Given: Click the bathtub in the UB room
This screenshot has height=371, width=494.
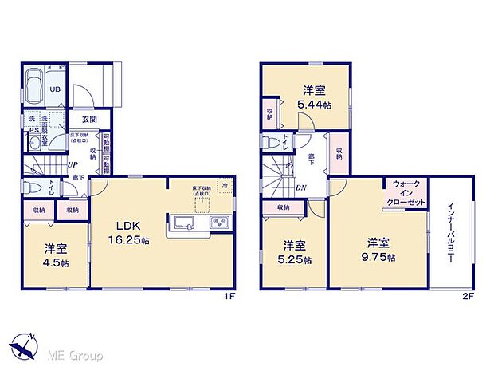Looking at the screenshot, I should click(x=33, y=86).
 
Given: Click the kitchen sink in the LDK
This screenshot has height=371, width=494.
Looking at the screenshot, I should click(x=181, y=222).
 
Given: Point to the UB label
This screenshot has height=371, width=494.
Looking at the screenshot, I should click(x=56, y=89).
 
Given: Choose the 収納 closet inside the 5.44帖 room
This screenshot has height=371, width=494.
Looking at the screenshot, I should click(x=270, y=112).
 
